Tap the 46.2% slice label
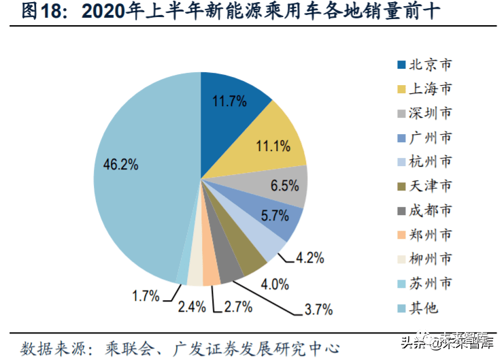tap(121, 165)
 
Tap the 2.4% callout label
tap(190, 307)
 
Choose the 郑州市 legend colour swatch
tap(402, 235)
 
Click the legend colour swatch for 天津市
tap(402, 186)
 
